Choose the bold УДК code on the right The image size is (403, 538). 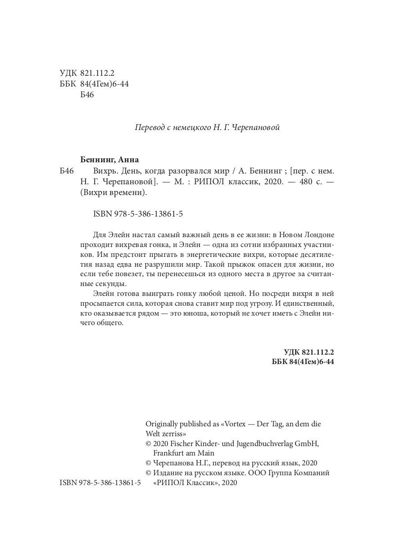(309, 352)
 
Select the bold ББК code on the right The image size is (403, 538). (303, 362)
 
